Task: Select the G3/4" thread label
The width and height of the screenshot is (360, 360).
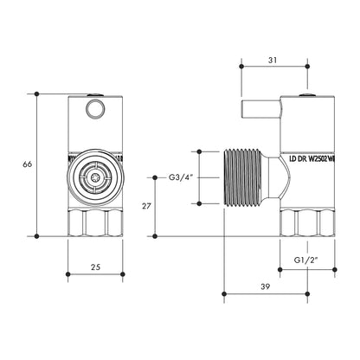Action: point(180,177)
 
